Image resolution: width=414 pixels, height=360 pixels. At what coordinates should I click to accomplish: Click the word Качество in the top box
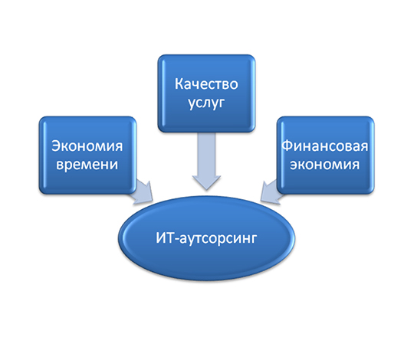[206, 83]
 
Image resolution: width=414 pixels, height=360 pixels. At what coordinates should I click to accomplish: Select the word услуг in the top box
[206, 103]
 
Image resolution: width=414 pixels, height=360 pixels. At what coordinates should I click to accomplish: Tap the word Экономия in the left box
[87, 146]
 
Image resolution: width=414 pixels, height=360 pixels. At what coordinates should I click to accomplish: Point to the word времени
[87, 165]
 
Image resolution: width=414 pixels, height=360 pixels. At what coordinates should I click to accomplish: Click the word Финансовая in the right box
[325, 146]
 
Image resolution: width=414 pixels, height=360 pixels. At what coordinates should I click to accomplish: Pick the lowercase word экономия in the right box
[325, 165]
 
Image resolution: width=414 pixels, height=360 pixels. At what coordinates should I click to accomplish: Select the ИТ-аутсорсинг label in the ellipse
[206, 238]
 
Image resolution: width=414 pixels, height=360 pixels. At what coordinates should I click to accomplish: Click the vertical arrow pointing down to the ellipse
[206, 161]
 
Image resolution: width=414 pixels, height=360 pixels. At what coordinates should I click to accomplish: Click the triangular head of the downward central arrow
[206, 182]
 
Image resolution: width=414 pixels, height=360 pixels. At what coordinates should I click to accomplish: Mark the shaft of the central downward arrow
[206, 154]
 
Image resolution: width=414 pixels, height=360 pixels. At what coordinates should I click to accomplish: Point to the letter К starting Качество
[179, 83]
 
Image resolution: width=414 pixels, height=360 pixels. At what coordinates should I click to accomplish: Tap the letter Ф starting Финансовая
[287, 146]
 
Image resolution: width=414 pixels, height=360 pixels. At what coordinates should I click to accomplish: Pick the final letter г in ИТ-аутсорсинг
[254, 240]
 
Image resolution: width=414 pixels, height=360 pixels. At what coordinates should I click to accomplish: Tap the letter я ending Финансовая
[364, 147]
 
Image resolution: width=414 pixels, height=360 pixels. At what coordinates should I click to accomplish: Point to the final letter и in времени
[114, 165]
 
